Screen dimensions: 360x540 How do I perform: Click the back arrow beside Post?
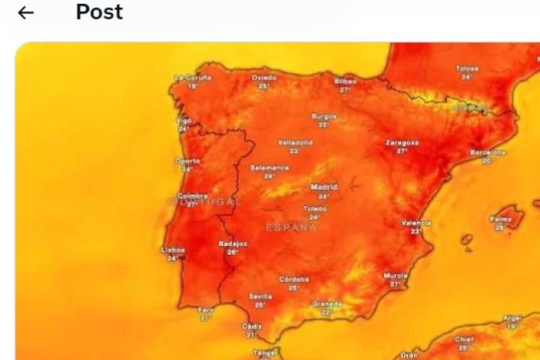pos(26,13)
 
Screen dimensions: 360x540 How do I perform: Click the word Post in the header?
pos(99,12)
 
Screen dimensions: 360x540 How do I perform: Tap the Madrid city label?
pos(324,187)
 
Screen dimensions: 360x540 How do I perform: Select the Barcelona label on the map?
pos(488,152)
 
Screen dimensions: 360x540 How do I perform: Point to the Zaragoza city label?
pos(402,142)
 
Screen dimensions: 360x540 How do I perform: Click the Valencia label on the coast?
pos(416,223)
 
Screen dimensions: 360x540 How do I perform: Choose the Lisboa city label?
pos(173,250)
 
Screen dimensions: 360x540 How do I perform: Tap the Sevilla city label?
pos(260,296)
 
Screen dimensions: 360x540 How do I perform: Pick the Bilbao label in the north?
pos(345,80)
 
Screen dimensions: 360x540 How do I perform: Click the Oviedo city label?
pos(263,77)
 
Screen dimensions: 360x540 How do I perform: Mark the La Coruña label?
pos(193,77)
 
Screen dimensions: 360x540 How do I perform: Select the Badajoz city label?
pos(232,244)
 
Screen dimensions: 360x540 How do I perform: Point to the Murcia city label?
pos(395,275)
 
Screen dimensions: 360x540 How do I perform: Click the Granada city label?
pos(326,304)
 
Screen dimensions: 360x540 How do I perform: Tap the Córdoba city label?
pos(294,279)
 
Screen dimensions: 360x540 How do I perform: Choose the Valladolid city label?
pos(295,142)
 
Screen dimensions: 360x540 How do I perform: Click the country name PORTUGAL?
pos(205,202)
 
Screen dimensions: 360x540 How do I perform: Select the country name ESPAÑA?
pos(292,226)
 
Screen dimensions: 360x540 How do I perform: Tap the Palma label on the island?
pos(500,220)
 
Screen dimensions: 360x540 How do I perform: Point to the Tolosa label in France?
pos(466,69)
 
